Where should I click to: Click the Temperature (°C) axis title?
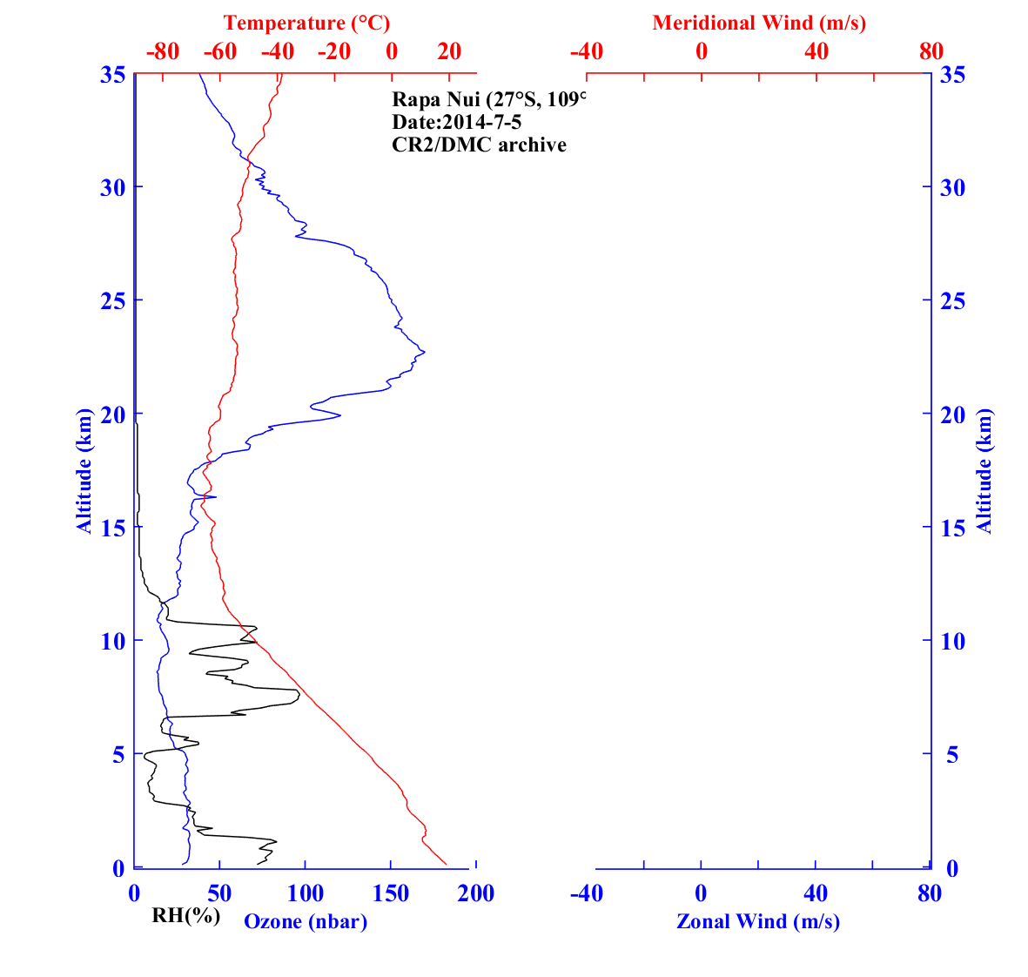pos(306,23)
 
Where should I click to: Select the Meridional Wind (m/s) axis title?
pos(759,23)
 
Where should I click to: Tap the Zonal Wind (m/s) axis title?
pos(758,921)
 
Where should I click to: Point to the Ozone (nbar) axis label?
pos(306,921)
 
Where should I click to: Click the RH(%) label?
pos(185,915)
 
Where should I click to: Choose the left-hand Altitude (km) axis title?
pos(84,471)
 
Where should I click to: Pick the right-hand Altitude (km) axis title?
pos(984,471)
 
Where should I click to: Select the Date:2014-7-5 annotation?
pos(457,122)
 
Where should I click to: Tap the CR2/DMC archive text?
pos(479,145)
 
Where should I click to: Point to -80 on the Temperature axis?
pos(163,51)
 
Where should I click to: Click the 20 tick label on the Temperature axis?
pos(449,51)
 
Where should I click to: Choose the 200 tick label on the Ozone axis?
pos(476,893)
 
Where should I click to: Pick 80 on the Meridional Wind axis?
pos(931,51)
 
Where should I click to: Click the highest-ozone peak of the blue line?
pos(424,352)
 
